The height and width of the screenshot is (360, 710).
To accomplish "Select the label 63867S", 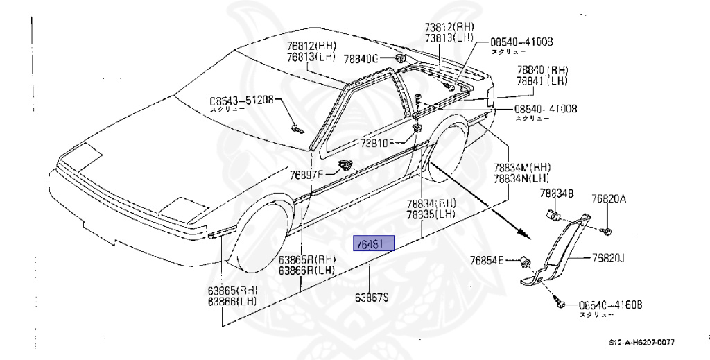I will pos(372,298).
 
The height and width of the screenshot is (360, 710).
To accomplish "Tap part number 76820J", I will pos(608,258).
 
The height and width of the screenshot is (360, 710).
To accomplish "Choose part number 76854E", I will pos(487,261).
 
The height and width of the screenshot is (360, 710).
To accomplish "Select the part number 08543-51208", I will pos(243,100).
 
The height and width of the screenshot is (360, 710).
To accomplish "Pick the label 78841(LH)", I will pos(542,81).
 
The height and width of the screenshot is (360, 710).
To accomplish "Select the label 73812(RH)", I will pos(446,27).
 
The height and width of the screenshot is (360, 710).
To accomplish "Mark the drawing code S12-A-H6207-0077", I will pos(642,343).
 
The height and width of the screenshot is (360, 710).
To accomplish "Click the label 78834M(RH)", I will pos(522,167).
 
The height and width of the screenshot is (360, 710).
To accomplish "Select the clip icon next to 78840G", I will pos(400,58).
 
